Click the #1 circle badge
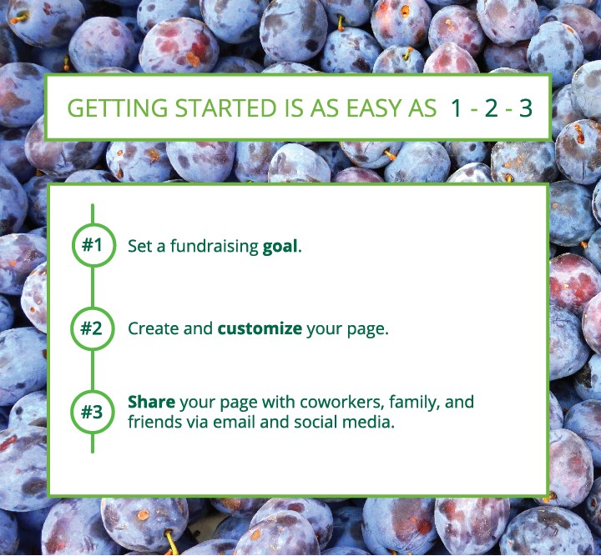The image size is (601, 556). click(93, 245)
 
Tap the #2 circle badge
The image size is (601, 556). click(93, 328)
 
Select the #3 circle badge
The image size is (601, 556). click(93, 412)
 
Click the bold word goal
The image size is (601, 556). click(280, 247)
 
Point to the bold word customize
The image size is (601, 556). click(260, 328)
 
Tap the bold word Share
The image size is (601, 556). click(151, 402)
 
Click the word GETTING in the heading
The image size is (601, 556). click(118, 108)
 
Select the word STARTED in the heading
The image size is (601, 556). click(225, 108)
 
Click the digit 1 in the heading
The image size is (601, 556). click(456, 108)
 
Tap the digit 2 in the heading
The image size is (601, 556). click(491, 108)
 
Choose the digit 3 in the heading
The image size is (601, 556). click(526, 108)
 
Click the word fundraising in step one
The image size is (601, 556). click(215, 247)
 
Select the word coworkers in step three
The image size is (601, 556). click(342, 402)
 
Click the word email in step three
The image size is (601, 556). click(235, 422)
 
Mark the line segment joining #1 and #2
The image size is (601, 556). click(93, 287)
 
